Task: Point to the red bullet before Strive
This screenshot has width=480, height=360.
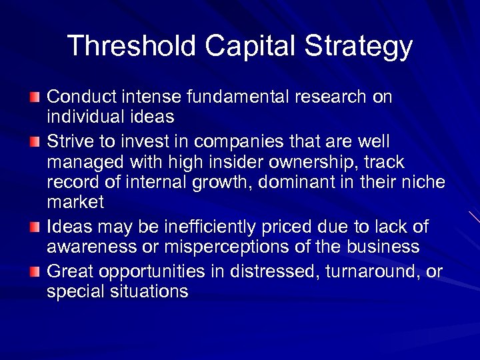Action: (x=35, y=142)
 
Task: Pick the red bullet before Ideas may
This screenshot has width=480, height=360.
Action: (x=35, y=228)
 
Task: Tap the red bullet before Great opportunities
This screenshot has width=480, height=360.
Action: (x=35, y=271)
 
